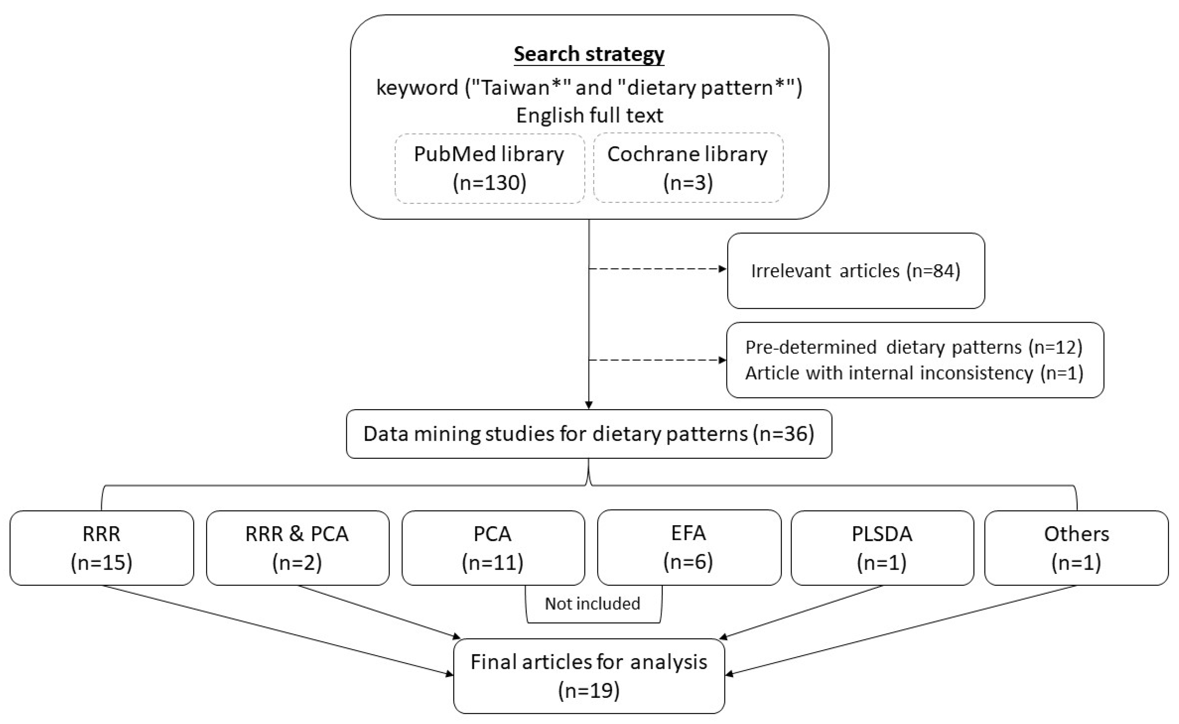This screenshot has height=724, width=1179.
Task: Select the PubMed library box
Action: (x=489, y=168)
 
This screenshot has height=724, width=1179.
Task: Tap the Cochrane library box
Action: (x=688, y=168)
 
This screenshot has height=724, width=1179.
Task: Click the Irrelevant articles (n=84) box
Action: (x=856, y=271)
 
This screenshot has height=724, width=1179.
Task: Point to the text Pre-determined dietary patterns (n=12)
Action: (x=914, y=347)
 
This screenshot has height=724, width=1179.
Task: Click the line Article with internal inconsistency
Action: (x=914, y=373)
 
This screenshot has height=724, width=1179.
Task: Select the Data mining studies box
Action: (x=589, y=434)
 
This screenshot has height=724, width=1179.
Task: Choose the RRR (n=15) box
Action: (x=102, y=548)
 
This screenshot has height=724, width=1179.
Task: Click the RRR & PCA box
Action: (x=297, y=548)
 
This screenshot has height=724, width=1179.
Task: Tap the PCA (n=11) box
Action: (x=493, y=548)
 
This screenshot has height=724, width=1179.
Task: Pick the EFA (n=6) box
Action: (x=688, y=547)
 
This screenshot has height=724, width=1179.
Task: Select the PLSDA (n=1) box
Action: (x=882, y=548)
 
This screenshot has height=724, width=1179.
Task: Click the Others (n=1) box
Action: (x=1076, y=548)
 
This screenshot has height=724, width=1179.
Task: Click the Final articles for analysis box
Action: (x=589, y=676)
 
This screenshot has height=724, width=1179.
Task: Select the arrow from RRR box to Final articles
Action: (x=278, y=631)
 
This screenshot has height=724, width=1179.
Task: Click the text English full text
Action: (x=589, y=115)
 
